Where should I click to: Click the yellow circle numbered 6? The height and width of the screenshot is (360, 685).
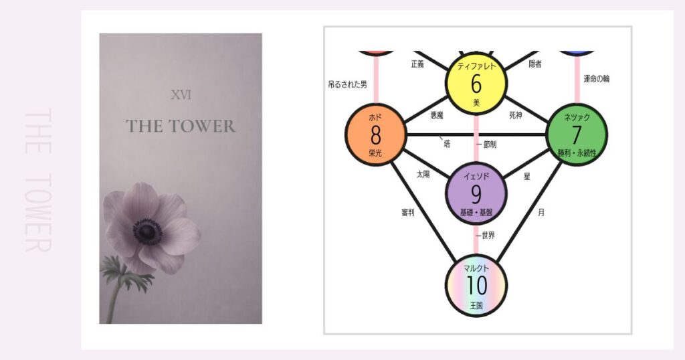coord(476,84)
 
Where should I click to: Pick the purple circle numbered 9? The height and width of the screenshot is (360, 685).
coord(476,193)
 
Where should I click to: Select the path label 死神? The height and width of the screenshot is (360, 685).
coord(515,115)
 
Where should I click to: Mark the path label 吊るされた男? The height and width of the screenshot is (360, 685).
coord(347,84)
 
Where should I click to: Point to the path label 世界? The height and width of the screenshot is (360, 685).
coord(487,236)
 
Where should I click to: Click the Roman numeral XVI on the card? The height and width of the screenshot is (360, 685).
coord(181,95)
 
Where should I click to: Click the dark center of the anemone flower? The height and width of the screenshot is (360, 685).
coord(147,232)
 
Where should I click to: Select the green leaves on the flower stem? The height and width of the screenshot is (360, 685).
coord(127,274)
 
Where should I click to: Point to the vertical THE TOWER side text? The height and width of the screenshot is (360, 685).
coord(37,181)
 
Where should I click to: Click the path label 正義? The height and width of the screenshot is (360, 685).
coord(418,64)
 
